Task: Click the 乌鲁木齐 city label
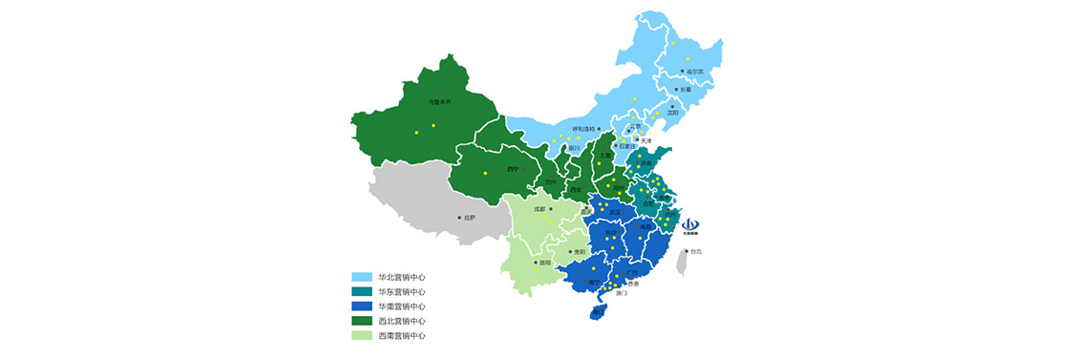[439, 101]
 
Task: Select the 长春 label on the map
[685, 90]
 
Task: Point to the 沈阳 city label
[673, 113]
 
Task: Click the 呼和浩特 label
[583, 129]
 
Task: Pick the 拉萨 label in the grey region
[468, 218]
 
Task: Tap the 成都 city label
[539, 208]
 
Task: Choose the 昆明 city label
[544, 262]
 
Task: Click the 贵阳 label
[580, 252]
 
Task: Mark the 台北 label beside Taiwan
[696, 252]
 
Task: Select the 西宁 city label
[513, 169]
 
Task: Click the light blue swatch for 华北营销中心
[361, 277]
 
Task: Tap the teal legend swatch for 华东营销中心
[361, 291]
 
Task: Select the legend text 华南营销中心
[401, 307]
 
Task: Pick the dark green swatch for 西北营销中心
[361, 321]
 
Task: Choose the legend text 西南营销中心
[401, 336]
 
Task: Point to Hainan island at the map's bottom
[598, 311]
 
